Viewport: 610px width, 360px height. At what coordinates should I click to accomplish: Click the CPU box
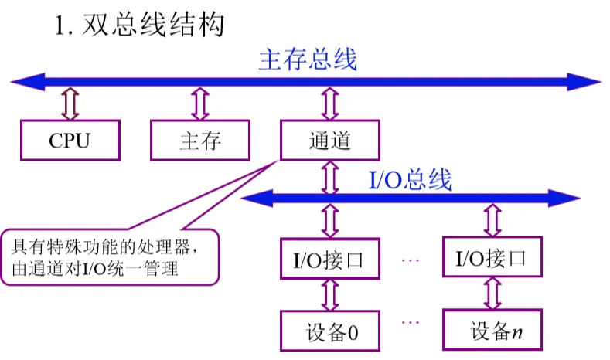[x=70, y=141]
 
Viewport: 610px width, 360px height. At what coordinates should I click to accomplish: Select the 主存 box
[x=200, y=141]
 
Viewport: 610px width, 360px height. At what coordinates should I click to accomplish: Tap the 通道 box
[x=330, y=141]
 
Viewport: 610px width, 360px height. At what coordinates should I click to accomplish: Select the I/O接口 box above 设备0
[x=330, y=258]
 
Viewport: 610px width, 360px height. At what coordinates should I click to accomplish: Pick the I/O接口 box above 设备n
[x=491, y=258]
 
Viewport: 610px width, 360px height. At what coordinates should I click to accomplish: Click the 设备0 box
[x=330, y=331]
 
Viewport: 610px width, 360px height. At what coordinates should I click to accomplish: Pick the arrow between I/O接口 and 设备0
[x=330, y=294]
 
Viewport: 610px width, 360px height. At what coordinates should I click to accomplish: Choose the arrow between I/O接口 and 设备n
[x=492, y=294]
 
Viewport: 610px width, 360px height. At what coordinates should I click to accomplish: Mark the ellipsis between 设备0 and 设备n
[x=411, y=321]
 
